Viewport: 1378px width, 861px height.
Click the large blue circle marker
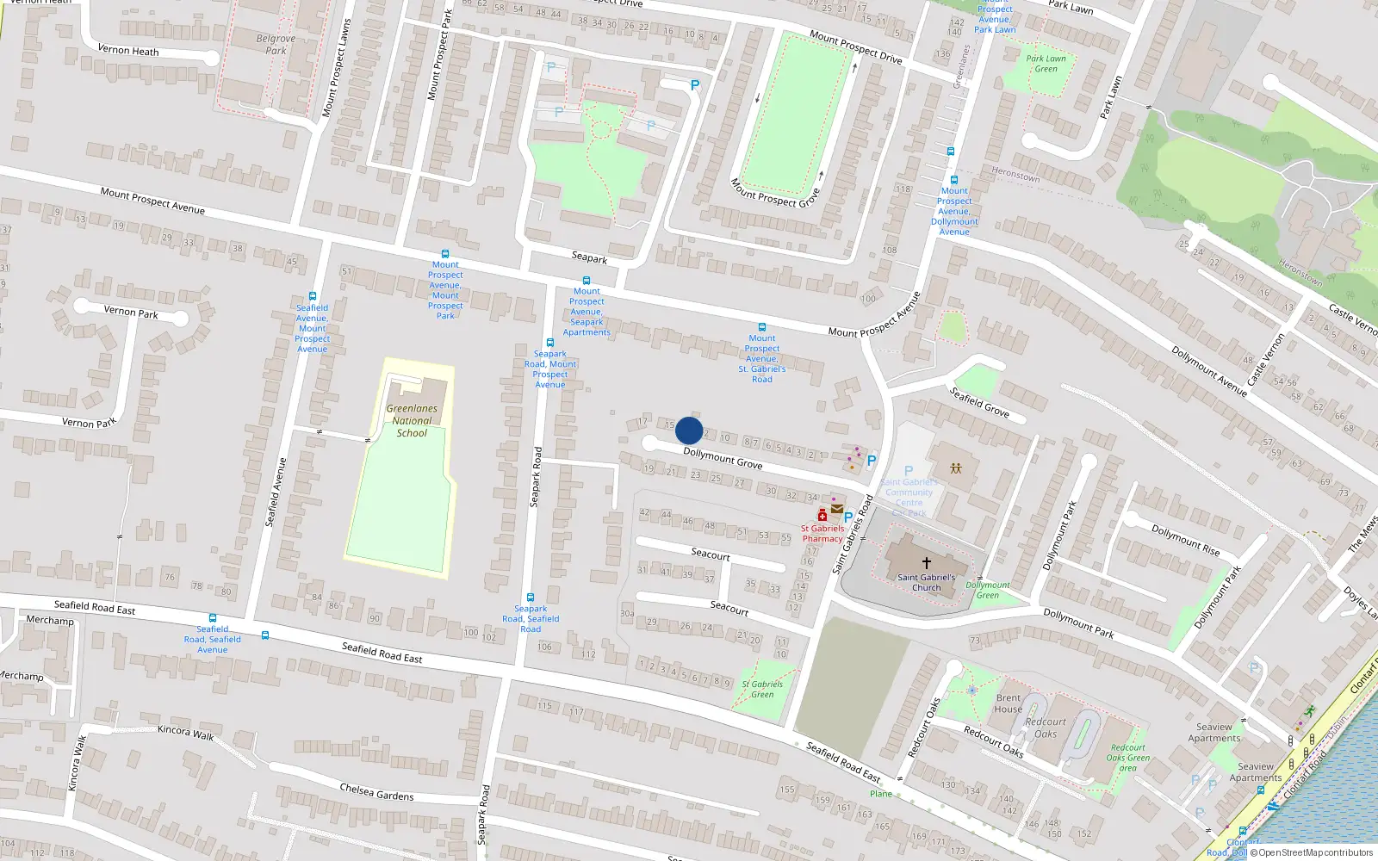689,430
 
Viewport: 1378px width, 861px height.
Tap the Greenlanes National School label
412,421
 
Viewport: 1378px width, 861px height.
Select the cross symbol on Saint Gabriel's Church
927,562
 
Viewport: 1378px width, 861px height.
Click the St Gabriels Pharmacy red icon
822,515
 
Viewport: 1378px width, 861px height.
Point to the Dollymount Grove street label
723,458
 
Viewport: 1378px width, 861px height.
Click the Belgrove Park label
276,45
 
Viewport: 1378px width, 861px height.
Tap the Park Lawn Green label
1046,64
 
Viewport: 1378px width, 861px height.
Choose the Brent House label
1009,703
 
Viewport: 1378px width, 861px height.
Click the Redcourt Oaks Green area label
1128,758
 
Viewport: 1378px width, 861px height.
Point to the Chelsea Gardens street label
376,791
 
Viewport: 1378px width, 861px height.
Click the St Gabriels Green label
762,689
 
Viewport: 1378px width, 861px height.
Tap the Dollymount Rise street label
1186,541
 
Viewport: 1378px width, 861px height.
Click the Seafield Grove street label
979,402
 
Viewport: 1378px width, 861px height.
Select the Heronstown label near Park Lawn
1016,175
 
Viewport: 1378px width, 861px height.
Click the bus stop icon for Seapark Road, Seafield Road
531,597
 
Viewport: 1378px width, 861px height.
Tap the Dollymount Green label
988,590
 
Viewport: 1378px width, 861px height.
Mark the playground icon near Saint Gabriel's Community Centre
956,468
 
